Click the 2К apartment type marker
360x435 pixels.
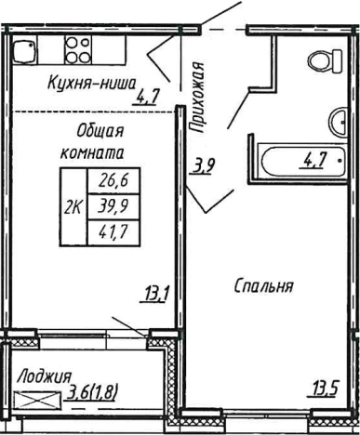point(72,208)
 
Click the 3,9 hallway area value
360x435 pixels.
point(202,167)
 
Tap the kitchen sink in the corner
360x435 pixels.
point(26,48)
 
